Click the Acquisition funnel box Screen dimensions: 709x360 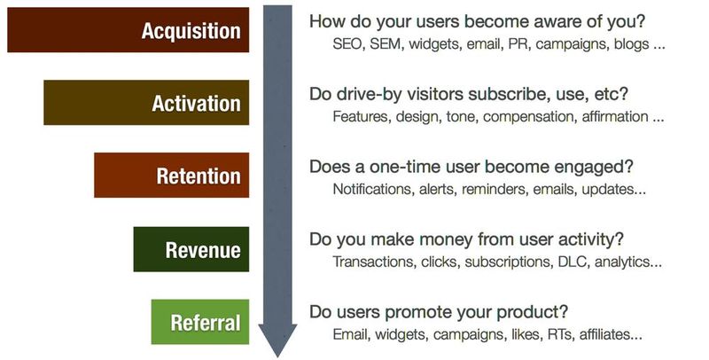pyautogui.click(x=128, y=30)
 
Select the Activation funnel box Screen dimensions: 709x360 pyautogui.click(x=146, y=103)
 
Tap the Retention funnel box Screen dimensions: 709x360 pyautogui.click(x=171, y=175)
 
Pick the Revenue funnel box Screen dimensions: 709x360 pyautogui.click(x=191, y=249)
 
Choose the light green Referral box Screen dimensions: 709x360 pyautogui.click(x=200, y=322)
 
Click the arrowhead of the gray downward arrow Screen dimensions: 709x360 pyautogui.click(x=277, y=340)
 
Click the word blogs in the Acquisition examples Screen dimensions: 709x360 pyautogui.click(x=631, y=44)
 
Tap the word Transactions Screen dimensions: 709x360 pyautogui.click(x=374, y=262)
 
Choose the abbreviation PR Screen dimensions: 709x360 pyautogui.click(x=518, y=44)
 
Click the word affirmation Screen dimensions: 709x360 pyautogui.click(x=615, y=117)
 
